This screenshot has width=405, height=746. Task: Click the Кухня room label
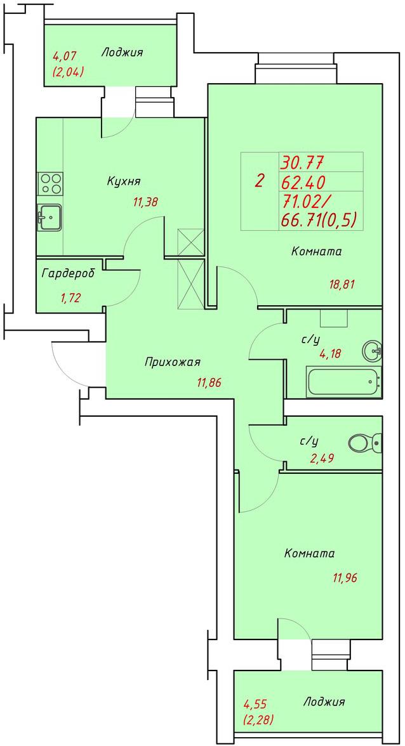tap(123, 181)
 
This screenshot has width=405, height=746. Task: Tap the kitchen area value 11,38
tap(145, 202)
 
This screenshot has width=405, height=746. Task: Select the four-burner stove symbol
tap(50, 183)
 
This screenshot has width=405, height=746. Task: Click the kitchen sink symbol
tap(50, 218)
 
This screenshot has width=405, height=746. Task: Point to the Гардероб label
tap(68, 274)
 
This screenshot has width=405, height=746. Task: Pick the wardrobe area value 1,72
tap(70, 298)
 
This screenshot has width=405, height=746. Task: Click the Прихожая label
tap(172, 363)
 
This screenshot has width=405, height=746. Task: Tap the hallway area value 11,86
tap(209, 382)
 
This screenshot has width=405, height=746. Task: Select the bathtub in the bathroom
tap(344, 382)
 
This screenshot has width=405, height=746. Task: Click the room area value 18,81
tap(343, 284)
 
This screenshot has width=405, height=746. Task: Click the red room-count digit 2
tap(260, 181)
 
